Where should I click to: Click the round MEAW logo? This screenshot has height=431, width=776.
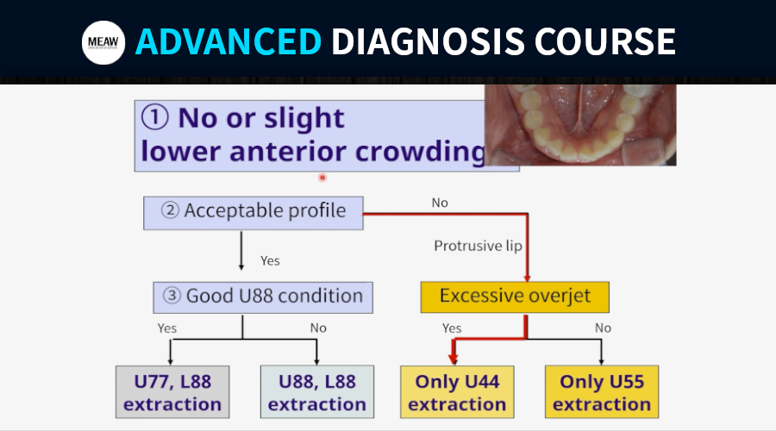pos(103,42)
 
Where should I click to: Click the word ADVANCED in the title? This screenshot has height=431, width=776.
pos(228,41)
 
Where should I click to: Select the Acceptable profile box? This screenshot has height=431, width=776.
pos(253,213)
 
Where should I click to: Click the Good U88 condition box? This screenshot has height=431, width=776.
pos(263,297)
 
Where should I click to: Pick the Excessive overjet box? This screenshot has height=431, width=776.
pos(515,297)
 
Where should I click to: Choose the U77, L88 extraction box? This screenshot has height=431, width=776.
pos(172,392)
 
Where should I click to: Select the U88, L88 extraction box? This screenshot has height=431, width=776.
pos(317,392)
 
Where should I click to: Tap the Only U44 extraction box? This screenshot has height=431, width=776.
pos(457,392)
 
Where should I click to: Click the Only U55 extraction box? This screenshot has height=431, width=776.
pos(602,392)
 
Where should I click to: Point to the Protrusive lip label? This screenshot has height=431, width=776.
pos(478,246)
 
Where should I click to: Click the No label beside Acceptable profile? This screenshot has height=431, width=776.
pos(440,203)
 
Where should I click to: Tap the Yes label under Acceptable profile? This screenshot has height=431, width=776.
pos(270,261)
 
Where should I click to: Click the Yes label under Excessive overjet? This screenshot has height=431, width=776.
pos(451,328)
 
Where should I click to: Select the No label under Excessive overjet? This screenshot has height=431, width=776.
pos(603,328)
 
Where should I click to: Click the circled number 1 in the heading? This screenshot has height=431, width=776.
pos(155,118)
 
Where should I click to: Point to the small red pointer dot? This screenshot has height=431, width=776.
pos(322,178)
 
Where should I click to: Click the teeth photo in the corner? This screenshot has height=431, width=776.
pos(580,125)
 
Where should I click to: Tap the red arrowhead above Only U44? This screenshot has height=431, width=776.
pos(453,359)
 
